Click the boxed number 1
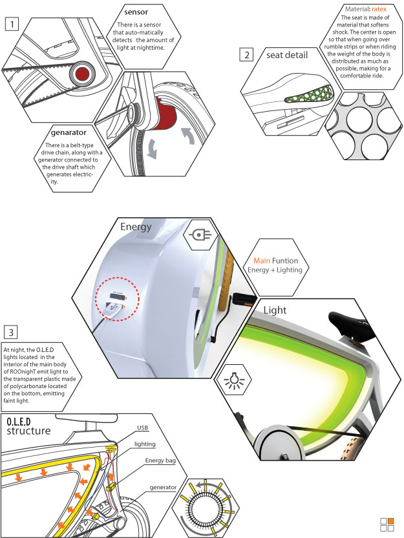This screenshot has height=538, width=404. pos(12,25)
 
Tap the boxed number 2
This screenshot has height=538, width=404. pos(246,55)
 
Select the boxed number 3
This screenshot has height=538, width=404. pos(10,332)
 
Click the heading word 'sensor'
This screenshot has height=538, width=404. pos(136,12)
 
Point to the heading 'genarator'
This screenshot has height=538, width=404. pos(69,133)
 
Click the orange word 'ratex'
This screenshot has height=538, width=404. pos(379,9)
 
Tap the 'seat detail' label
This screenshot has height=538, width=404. pos(287,55)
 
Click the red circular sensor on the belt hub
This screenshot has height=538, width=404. pos(82,74)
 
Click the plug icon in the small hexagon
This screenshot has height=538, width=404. pos(200,235)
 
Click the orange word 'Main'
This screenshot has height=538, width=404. pos(262,261)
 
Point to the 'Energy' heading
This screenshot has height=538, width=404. pos(136,227)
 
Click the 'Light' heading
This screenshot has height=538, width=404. pos(275,310)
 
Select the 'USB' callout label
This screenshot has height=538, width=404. pos(143,428)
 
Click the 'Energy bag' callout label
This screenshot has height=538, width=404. pos(160,460)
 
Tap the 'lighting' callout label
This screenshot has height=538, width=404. pos(145,444)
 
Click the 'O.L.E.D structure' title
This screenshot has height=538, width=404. pos(28,426)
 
